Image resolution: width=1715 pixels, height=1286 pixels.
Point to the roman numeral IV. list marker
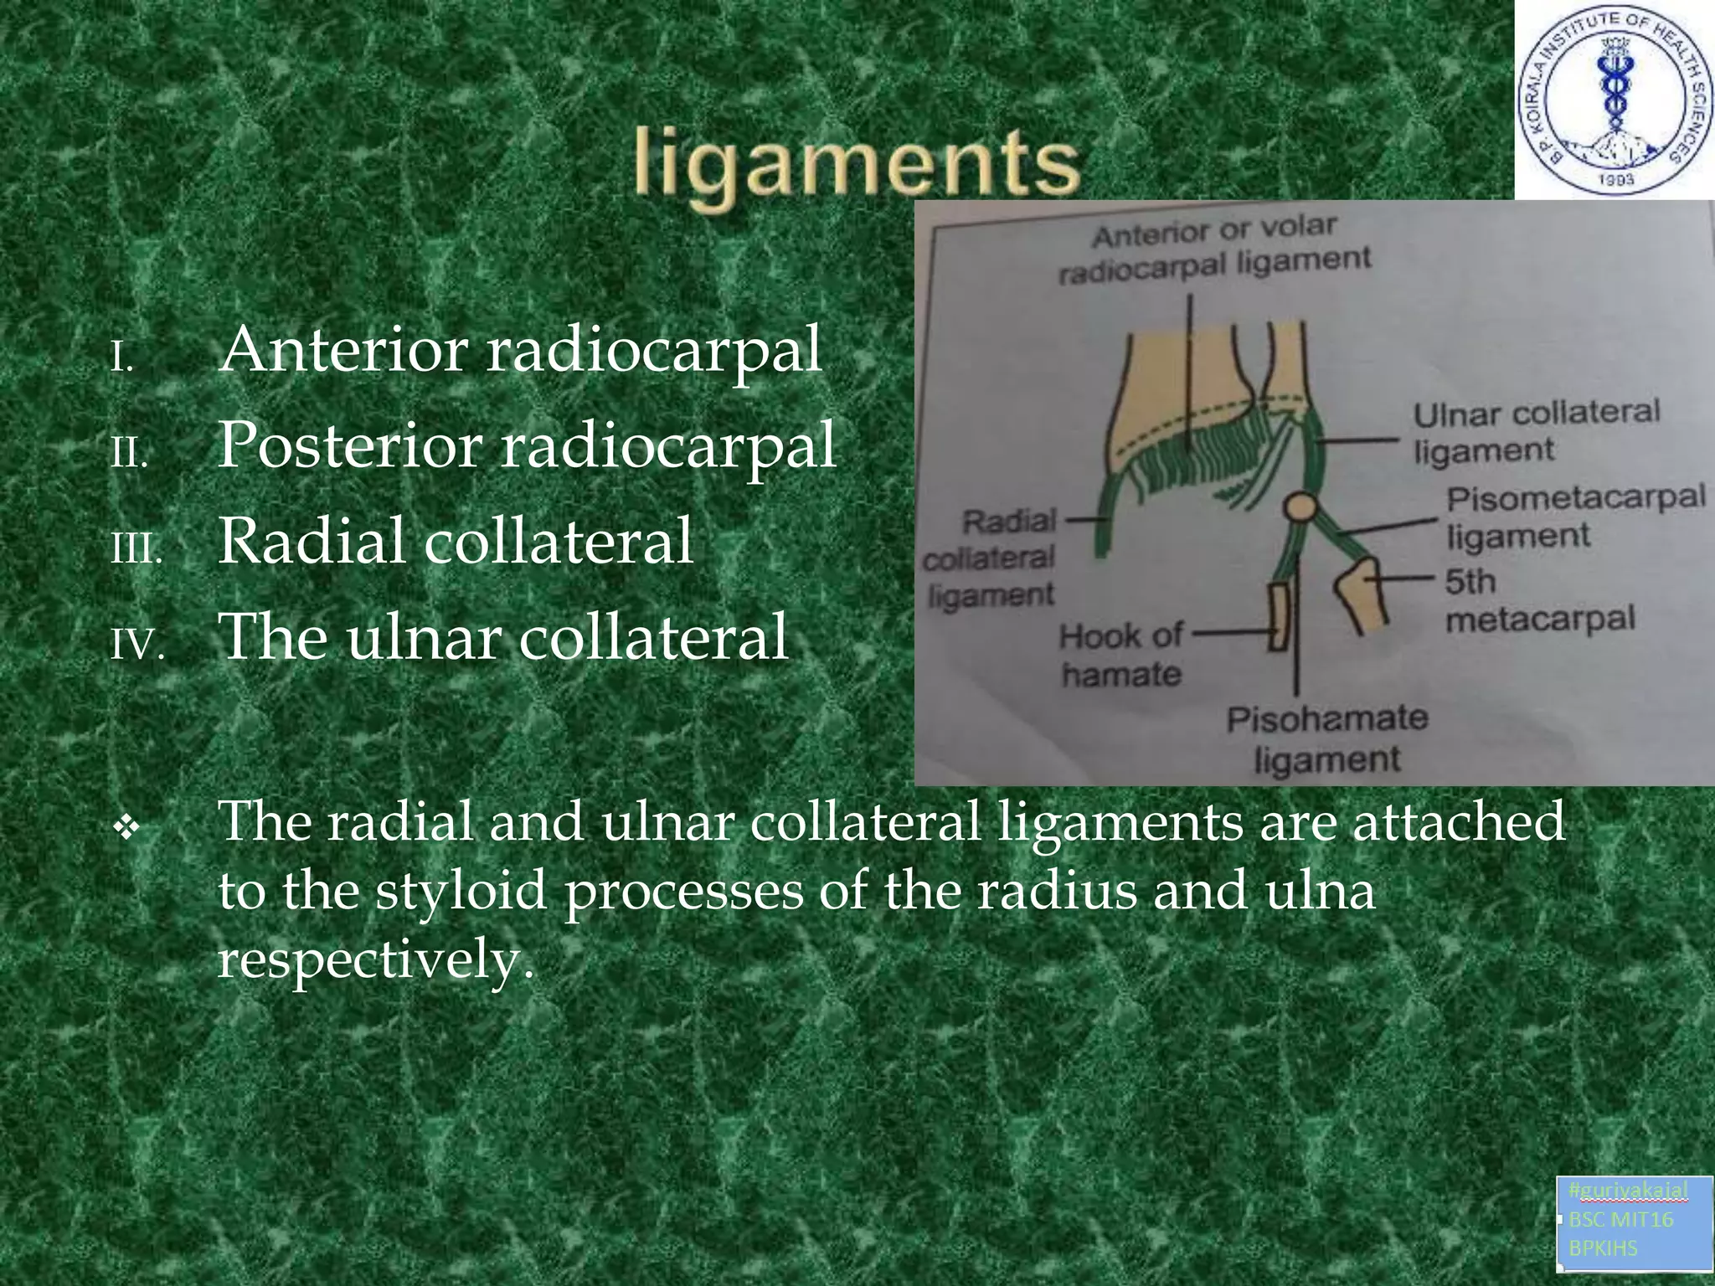[x=137, y=645]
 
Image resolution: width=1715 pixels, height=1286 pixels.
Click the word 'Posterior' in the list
[x=348, y=445]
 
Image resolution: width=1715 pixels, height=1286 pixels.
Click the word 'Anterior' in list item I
[x=343, y=350]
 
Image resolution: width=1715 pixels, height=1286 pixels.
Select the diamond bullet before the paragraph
[x=126, y=829]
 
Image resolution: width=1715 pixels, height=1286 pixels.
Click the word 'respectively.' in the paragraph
[x=375, y=959]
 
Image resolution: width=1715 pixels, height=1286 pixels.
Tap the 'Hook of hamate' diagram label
[x=1120, y=655]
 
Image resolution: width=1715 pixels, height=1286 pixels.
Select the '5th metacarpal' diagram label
[x=1539, y=601]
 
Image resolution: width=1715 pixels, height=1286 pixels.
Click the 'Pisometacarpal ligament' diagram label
[x=1575, y=516]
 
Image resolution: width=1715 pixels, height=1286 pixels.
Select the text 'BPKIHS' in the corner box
[x=1602, y=1247]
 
